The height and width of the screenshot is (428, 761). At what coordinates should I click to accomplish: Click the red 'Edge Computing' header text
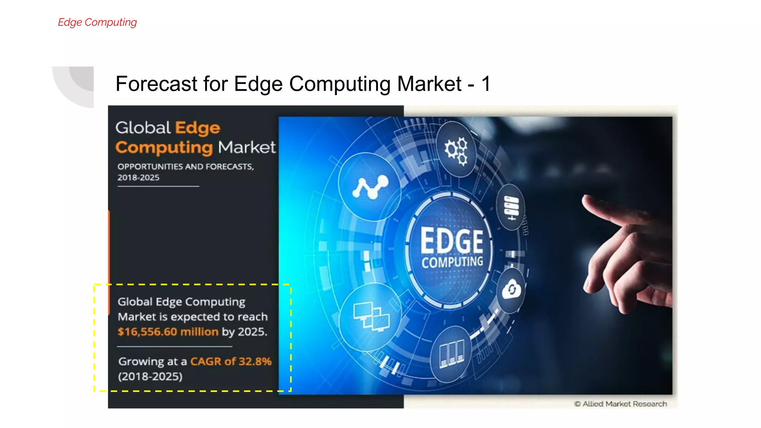pos(97,22)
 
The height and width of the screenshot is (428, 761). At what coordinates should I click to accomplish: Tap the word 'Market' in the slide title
pos(429,84)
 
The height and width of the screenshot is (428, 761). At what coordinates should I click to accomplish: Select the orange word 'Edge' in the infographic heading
pos(198,128)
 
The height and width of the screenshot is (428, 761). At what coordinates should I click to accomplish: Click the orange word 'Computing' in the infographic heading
pos(164,148)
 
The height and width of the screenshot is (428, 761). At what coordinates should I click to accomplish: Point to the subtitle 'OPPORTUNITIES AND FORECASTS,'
pos(186,166)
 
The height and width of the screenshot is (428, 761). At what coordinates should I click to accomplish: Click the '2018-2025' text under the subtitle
pos(138,178)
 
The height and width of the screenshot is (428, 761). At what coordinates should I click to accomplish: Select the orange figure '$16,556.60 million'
pos(168,331)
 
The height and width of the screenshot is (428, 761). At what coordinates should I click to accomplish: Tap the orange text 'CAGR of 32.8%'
pos(231,361)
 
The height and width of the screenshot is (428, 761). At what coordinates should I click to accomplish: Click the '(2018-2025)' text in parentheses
pos(150,376)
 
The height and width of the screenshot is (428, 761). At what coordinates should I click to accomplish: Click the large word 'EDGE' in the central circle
pos(451,241)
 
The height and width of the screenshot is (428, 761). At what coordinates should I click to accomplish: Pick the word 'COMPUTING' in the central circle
pos(452,262)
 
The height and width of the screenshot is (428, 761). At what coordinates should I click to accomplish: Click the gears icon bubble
pos(456,150)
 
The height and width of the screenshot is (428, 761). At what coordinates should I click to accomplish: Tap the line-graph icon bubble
pos(370,187)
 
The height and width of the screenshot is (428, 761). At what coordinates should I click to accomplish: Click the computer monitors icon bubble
pos(371,317)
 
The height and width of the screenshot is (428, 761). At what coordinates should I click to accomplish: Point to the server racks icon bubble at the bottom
pos(451,354)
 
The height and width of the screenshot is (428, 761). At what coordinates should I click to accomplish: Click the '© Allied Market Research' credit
pos(620,404)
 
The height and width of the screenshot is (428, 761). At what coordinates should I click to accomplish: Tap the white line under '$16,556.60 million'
pos(175,347)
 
